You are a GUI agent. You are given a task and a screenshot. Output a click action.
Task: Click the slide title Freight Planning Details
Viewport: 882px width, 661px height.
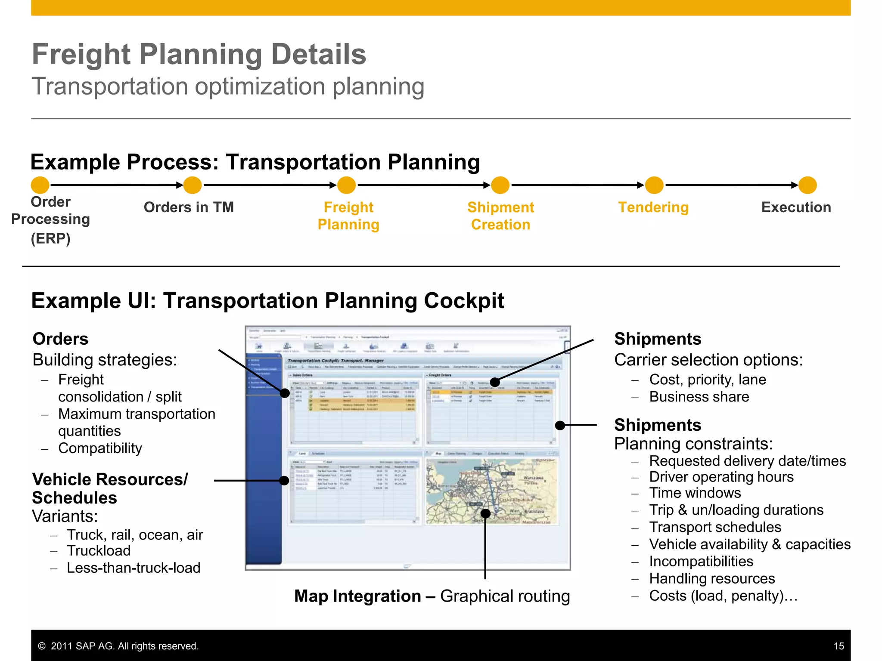[199, 55]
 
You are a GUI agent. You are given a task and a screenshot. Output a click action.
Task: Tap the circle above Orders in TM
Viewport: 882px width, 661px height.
[193, 185]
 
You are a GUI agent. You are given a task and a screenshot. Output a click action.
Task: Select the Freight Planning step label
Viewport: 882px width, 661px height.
[348, 216]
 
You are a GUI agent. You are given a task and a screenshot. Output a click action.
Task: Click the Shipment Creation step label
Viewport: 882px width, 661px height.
[500, 216]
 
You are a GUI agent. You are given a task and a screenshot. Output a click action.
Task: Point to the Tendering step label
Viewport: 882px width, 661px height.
[653, 207]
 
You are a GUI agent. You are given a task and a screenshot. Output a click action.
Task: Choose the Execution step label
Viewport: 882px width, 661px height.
[796, 207]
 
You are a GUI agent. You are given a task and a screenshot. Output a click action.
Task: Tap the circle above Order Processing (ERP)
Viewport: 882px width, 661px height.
[40, 185]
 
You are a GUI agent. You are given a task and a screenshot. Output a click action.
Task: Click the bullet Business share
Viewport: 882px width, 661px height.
[699, 397]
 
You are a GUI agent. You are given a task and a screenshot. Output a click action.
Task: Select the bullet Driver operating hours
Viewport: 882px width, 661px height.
[721, 477]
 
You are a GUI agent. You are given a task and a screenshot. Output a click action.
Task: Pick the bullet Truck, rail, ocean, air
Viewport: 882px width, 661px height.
[135, 535]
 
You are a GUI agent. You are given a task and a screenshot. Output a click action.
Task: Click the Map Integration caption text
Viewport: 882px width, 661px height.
[432, 596]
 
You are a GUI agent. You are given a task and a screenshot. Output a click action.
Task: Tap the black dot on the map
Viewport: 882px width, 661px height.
[485, 513]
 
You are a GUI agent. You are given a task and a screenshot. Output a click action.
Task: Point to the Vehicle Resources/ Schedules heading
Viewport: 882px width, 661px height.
[110, 488]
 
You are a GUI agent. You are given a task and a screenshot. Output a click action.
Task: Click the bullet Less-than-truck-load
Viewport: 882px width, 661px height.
[134, 568]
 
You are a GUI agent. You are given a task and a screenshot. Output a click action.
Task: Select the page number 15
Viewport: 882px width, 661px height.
[839, 646]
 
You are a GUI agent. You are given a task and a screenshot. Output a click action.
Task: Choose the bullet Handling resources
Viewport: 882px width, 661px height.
[712, 579]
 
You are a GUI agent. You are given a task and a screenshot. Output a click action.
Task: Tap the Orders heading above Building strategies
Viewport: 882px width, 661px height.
[61, 339]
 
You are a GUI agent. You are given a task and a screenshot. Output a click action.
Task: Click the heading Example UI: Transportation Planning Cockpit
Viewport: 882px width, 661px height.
[267, 301]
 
